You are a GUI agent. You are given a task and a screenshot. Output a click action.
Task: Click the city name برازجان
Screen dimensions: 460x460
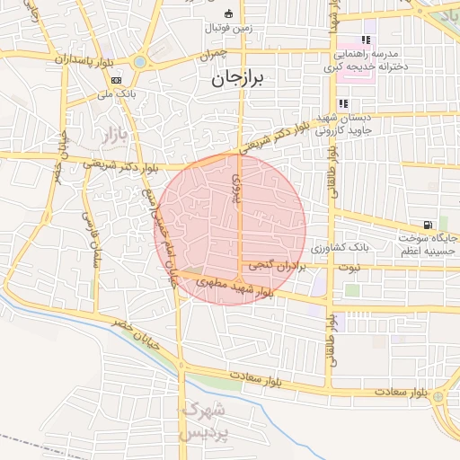click(x=240, y=79)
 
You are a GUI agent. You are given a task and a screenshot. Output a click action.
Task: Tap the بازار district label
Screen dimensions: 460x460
click(x=105, y=137)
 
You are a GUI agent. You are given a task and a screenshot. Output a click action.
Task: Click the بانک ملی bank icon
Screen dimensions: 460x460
click(x=116, y=80)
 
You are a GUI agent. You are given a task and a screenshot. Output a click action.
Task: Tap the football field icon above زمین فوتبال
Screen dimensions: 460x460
click(x=227, y=13)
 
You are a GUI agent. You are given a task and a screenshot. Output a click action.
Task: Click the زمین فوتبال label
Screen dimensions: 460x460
click(x=230, y=29)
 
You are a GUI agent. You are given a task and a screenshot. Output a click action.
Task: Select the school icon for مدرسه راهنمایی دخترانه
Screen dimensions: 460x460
click(x=366, y=40)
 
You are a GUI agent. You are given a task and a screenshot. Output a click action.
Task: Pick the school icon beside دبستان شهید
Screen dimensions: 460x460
click(x=344, y=103)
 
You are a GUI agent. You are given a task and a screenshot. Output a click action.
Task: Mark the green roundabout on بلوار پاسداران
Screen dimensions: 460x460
click(x=140, y=61)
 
